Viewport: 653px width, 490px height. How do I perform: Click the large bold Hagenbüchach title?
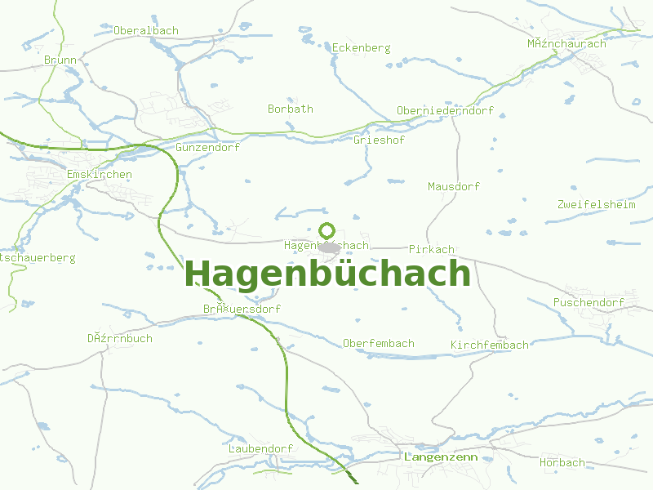point(328,274)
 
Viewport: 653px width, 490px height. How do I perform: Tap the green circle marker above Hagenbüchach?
point(327,230)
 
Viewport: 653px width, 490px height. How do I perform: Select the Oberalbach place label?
point(146,31)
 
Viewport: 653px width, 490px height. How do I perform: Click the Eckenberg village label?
point(361,48)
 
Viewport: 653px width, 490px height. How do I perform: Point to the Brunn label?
point(60,60)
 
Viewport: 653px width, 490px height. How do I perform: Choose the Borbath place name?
point(290,109)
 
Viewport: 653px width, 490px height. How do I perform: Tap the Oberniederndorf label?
point(445,111)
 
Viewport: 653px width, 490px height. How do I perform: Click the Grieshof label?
point(379,140)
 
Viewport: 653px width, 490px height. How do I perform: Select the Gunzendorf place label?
point(207,148)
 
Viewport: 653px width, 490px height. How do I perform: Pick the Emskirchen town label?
point(99,175)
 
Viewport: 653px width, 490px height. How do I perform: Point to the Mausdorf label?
point(454,187)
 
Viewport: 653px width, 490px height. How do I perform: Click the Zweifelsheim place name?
point(596,205)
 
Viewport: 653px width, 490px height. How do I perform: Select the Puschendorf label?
point(589,303)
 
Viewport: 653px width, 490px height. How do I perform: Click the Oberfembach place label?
point(379,344)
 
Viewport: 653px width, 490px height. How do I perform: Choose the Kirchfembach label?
point(490,346)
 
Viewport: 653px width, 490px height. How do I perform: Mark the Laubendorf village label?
point(261,450)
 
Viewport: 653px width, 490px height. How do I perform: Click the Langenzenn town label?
point(441,457)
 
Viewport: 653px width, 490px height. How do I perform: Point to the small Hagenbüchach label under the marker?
point(326,246)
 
